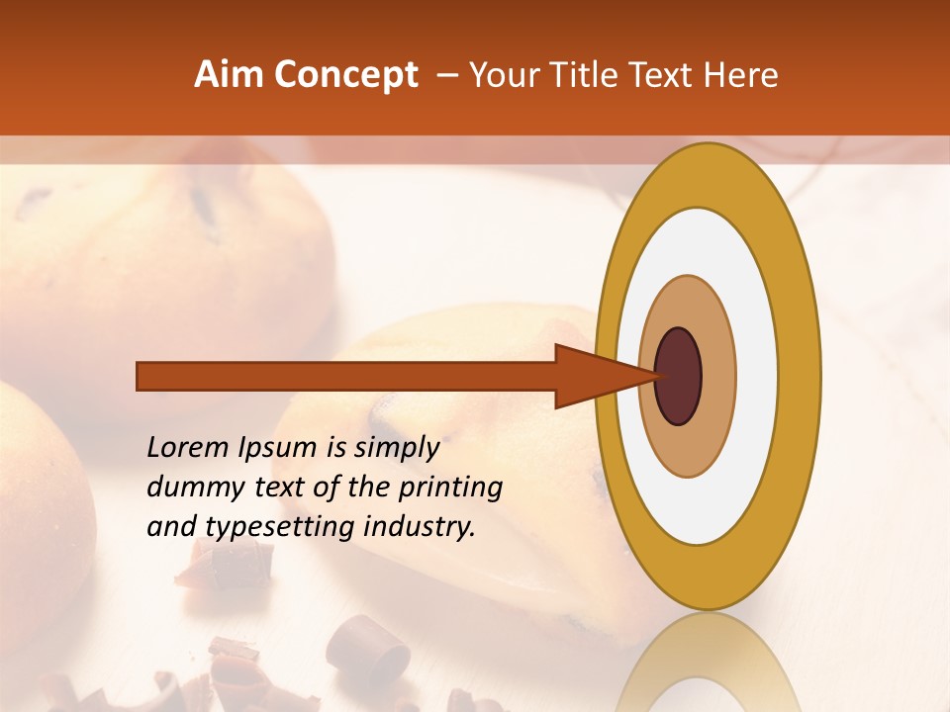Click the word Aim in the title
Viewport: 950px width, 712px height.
point(230,75)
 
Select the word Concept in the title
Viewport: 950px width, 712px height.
point(345,75)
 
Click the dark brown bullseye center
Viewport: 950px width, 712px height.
point(679,376)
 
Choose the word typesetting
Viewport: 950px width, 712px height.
point(280,528)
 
